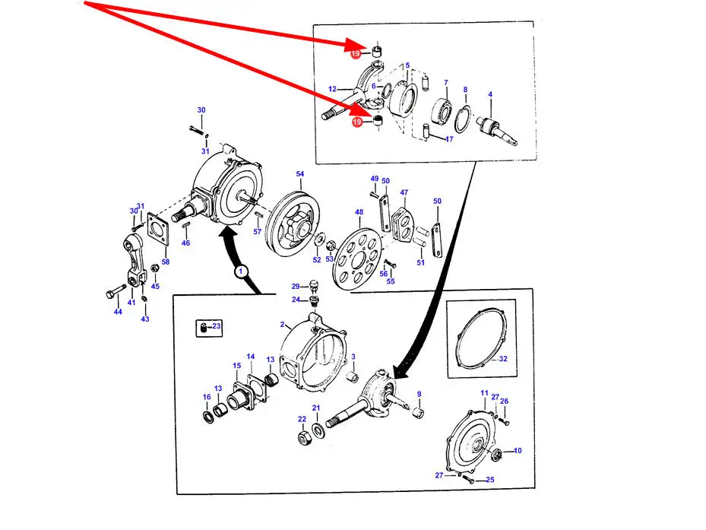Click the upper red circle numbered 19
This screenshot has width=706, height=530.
click(355, 54)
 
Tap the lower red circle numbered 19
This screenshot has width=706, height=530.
click(357, 122)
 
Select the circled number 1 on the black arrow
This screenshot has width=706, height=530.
click(240, 271)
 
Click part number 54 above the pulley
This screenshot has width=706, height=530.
click(300, 173)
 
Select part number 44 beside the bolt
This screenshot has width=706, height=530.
click(118, 312)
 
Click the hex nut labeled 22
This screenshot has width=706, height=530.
click(306, 436)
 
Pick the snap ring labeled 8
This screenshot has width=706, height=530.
click(462, 119)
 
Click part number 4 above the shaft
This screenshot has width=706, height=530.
click(490, 94)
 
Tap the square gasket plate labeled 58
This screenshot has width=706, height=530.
click(158, 230)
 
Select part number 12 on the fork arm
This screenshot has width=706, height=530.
click(332, 89)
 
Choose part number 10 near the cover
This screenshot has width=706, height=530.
click(518, 451)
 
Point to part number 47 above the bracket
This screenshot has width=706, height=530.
click(404, 192)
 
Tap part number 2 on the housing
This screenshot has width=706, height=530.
click(282, 325)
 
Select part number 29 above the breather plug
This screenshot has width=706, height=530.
click(296, 286)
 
